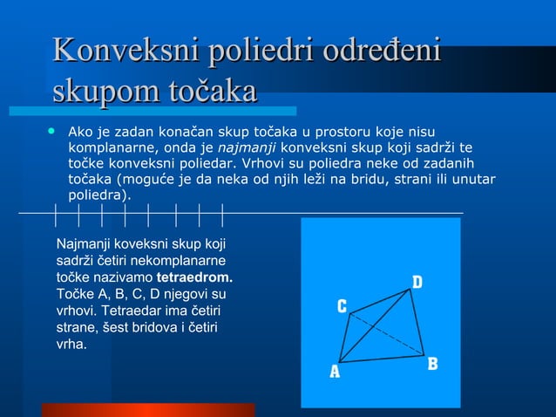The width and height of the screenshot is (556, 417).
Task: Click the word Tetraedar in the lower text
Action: tap(131, 311)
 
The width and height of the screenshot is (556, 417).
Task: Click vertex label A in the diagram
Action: tap(334, 372)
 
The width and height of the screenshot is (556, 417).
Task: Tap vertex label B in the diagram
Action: tap(432, 364)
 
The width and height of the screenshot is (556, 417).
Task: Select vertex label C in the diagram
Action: tap(342, 306)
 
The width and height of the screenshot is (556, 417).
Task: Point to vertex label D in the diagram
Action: tap(417, 282)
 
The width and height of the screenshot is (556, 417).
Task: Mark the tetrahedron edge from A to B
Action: tap(382, 358)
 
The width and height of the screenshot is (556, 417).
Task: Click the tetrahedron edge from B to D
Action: tap(418, 324)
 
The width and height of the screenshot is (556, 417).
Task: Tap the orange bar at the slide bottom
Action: tap(148, 409)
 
